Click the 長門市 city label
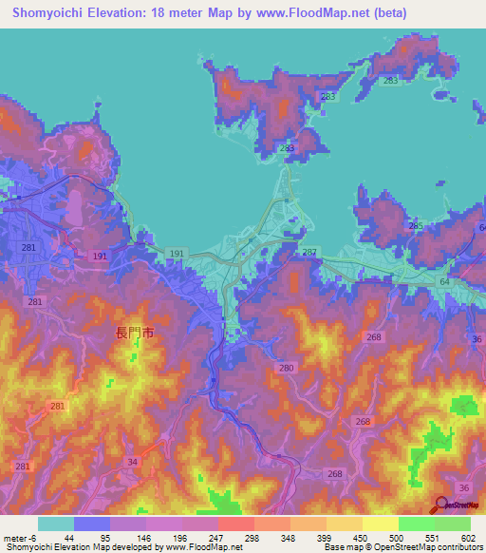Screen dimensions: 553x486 tap(134, 333)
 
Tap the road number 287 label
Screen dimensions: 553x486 tap(308, 252)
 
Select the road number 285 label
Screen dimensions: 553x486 tap(415, 225)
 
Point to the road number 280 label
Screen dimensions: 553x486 tap(287, 367)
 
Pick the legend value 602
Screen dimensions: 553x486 tap(467, 538)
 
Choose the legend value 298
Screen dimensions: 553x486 tap(252, 538)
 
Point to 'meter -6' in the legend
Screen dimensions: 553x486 tap(18, 538)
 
